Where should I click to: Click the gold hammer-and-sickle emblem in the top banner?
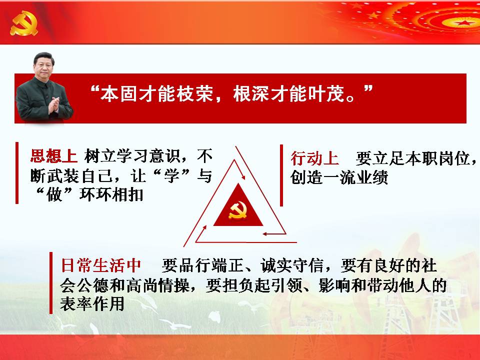[24, 23]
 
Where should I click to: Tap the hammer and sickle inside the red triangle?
[238, 210]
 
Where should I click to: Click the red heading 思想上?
[53, 156]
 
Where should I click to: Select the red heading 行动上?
[314, 158]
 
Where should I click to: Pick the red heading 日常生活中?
[101, 265]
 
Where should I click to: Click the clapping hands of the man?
[54, 105]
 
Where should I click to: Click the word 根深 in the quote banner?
[251, 93]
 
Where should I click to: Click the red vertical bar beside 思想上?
[17, 172]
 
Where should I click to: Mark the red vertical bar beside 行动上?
[281, 175]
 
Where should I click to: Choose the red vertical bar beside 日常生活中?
[51, 283]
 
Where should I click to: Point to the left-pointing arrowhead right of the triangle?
[265, 234]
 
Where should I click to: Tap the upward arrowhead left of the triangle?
[204, 228]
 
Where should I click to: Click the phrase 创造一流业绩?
[339, 177]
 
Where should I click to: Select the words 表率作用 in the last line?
[92, 304]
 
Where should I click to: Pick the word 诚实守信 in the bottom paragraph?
[292, 265]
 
